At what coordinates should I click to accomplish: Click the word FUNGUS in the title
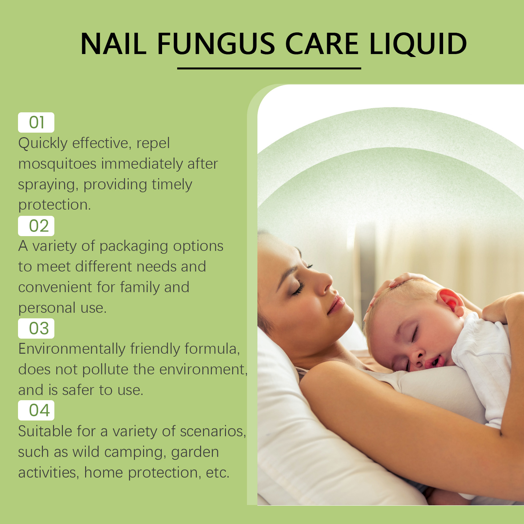click(x=216, y=44)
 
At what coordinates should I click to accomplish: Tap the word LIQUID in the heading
click(x=418, y=45)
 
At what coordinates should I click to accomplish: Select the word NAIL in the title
click(x=113, y=44)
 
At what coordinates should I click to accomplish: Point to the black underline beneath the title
click(x=269, y=68)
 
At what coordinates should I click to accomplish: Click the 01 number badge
click(x=36, y=122)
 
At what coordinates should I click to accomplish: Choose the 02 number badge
click(x=36, y=226)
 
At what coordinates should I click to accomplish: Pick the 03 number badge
click(x=36, y=328)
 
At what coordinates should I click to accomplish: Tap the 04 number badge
click(x=36, y=410)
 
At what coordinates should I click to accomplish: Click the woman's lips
click(x=336, y=304)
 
